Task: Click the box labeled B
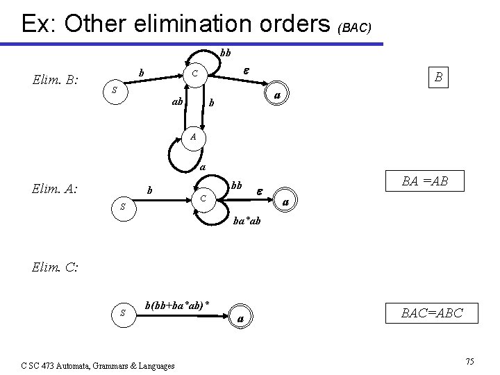438,77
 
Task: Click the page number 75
470,362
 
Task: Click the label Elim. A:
55,186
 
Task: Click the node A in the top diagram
195,137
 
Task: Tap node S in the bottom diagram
122,313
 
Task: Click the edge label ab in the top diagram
177,102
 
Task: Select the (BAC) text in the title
355,28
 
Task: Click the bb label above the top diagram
226,53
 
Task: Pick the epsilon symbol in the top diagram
244,70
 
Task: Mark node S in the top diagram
116,91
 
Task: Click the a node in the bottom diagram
240,318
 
